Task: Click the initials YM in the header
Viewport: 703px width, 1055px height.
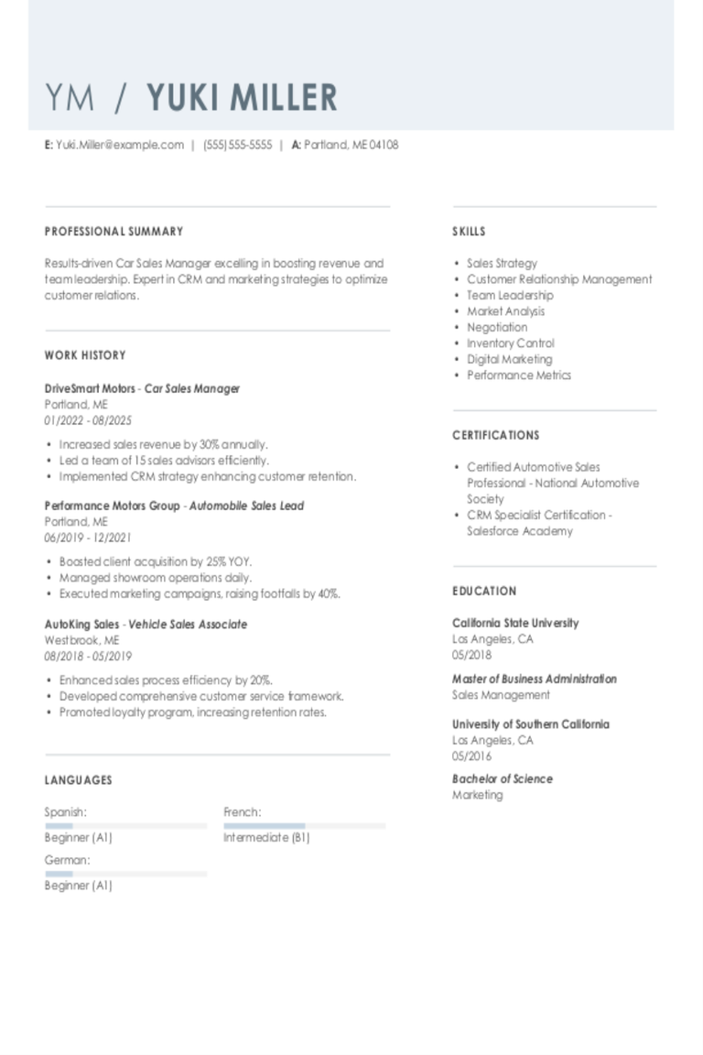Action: pos(70,97)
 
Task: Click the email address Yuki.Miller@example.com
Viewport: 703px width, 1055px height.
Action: pos(119,145)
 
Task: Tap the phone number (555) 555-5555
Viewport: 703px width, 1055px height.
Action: pos(237,145)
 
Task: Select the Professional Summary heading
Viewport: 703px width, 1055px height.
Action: pos(114,232)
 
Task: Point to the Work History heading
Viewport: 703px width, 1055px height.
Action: pos(85,355)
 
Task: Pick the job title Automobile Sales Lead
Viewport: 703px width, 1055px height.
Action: pos(246,506)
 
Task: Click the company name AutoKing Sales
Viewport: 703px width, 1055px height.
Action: pos(81,625)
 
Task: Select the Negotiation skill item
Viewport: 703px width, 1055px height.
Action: pos(497,327)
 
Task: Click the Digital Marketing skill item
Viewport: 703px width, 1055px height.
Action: pos(509,359)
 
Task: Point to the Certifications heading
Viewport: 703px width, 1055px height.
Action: pos(495,435)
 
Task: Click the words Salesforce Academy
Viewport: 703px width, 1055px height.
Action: pos(507,531)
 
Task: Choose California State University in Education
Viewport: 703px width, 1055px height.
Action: pos(515,623)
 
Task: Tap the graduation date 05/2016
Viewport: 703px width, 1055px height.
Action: pos(471,756)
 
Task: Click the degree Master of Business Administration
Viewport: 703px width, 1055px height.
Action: pos(534,679)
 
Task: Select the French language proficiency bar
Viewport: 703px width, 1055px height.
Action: pos(304,825)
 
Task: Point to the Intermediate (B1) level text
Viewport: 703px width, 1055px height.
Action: pos(266,837)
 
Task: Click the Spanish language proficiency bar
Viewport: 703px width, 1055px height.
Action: pos(125,825)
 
